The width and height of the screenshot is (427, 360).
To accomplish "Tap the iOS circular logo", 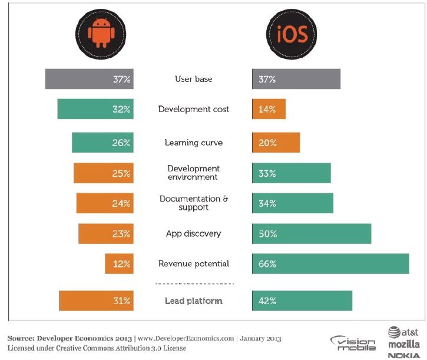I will click(x=289, y=35).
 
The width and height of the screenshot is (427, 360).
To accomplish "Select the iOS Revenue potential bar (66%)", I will click(x=330, y=263).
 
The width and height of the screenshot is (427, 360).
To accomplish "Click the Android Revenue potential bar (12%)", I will click(x=119, y=263).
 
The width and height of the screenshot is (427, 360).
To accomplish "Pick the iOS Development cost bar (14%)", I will click(x=269, y=109).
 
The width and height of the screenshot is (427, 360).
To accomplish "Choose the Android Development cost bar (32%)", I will click(x=95, y=109).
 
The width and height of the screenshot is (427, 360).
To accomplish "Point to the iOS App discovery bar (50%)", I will click(x=312, y=233).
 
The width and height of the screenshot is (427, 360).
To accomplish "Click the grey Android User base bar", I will click(x=89, y=79).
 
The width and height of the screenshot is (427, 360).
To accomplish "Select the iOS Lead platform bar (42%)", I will click(x=302, y=300).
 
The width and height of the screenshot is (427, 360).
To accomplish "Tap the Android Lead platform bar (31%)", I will click(x=97, y=300).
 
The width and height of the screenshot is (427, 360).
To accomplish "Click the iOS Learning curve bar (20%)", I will click(x=276, y=143).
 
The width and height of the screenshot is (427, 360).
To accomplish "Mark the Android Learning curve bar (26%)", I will click(x=102, y=143).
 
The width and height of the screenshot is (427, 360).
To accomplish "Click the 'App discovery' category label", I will click(x=193, y=234).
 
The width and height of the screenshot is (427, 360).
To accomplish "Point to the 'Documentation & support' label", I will click(x=193, y=203).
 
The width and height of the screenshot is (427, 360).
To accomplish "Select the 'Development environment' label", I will click(x=193, y=173).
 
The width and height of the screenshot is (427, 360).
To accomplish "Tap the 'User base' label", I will click(x=193, y=79).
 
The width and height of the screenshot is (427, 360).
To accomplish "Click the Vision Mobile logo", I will click(x=353, y=343).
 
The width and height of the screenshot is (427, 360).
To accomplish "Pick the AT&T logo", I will click(x=403, y=332).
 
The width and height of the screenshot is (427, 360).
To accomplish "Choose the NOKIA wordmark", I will click(x=403, y=354).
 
